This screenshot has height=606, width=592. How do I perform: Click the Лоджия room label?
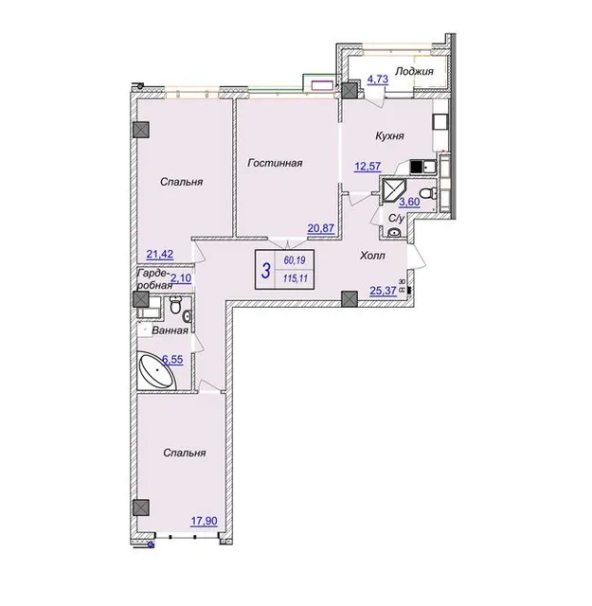tap(414, 71)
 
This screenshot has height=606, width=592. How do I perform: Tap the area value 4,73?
tap(377, 80)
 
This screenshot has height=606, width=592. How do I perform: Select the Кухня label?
tap(389, 135)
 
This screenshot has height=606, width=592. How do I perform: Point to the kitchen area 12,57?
tap(368, 167)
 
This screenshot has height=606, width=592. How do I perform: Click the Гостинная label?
tap(275, 163)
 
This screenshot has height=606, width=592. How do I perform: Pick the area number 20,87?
tap(320, 228)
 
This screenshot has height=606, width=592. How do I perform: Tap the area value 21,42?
tap(160, 254)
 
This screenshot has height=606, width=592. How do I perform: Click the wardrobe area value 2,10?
tap(181, 277)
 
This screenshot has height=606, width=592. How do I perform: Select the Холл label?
tap(372, 256)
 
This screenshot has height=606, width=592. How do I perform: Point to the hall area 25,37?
tap(384, 290)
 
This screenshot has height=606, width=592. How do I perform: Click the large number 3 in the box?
tap(265, 270)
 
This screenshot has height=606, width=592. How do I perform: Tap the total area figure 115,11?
tap(296, 277)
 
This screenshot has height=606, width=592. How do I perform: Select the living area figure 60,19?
tap(295, 260)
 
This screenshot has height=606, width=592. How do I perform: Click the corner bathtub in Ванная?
tap(157, 370)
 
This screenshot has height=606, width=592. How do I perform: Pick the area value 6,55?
tap(172, 360)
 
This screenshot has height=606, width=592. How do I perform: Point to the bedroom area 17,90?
tap(204, 521)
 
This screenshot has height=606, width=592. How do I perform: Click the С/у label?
tap(396, 219)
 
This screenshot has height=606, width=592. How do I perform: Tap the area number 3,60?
tap(409, 202)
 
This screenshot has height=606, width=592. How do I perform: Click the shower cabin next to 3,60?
tap(393, 191)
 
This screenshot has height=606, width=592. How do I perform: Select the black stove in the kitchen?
tap(417, 167)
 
